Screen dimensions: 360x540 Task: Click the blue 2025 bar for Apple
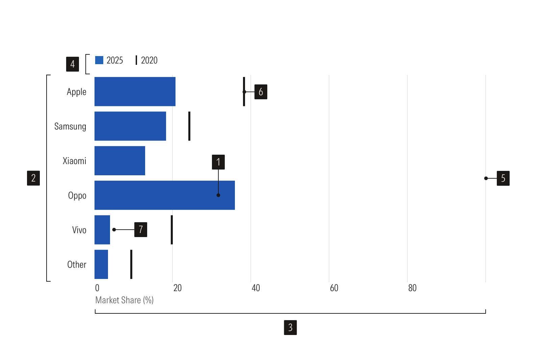click(135, 92)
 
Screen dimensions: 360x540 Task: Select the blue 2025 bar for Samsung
click(130, 126)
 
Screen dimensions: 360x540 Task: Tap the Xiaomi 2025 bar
click(119, 161)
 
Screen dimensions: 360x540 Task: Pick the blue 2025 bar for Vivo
click(102, 230)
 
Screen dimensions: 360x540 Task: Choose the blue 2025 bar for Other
click(101, 264)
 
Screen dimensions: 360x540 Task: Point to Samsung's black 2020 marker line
click(189, 126)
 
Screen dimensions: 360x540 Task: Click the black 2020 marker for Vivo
click(172, 230)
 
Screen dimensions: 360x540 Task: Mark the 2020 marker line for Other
click(131, 264)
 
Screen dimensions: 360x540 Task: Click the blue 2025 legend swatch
click(99, 60)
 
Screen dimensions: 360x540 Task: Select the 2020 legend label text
click(149, 60)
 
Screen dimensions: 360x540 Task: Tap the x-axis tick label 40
click(255, 288)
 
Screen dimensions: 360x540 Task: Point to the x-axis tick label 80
click(412, 288)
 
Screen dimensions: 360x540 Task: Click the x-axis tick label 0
click(97, 288)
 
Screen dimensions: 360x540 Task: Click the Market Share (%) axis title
click(125, 300)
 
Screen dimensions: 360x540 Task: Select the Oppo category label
click(77, 196)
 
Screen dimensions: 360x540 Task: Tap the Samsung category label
click(70, 126)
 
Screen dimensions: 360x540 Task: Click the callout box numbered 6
click(261, 92)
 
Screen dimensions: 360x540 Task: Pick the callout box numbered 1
click(218, 162)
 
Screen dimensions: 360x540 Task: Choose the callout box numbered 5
click(503, 178)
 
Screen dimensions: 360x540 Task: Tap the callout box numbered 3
click(290, 328)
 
